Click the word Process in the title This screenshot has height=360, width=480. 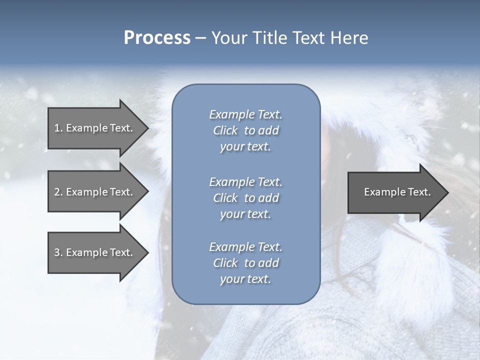pyautogui.click(x=157, y=38)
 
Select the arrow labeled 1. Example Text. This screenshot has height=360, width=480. pyautogui.click(x=94, y=128)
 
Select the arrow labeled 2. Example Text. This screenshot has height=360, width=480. pyautogui.click(x=94, y=192)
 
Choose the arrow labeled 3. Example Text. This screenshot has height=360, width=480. pyautogui.click(x=94, y=252)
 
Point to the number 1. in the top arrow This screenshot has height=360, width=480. pyautogui.click(x=58, y=128)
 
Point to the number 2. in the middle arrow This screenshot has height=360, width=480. pyautogui.click(x=58, y=192)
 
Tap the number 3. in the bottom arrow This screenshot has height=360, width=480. pyautogui.click(x=58, y=252)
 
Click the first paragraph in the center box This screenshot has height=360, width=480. pyautogui.click(x=245, y=130)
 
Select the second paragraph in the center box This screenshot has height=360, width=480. pyautogui.click(x=245, y=197)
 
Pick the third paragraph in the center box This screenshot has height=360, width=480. pyautogui.click(x=245, y=263)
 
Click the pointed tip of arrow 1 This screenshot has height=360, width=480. pyautogui.click(x=147, y=128)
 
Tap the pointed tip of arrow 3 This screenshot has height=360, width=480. pyautogui.click(x=147, y=252)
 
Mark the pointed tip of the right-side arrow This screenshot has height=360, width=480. pyautogui.click(x=447, y=192)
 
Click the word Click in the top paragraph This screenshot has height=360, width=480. pyautogui.click(x=225, y=130)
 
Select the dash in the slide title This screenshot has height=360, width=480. pyautogui.click(x=200, y=38)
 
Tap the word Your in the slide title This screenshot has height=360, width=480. pyautogui.click(x=227, y=38)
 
